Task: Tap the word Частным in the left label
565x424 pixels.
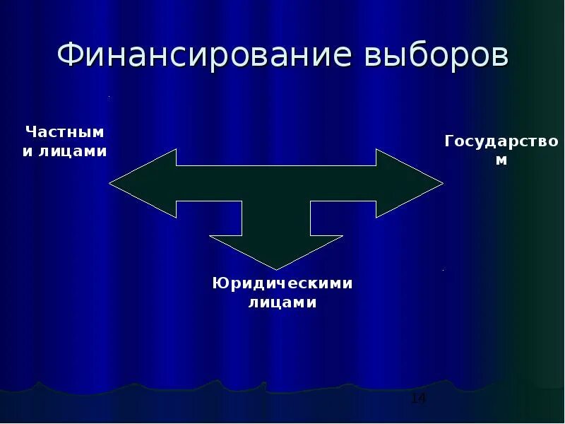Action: [x=65, y=132]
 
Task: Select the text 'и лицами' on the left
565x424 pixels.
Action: [x=65, y=152]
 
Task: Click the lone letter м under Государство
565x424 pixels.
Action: [x=501, y=160]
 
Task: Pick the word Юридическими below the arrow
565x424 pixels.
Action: [x=282, y=283]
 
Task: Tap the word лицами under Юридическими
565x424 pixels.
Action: [x=282, y=302]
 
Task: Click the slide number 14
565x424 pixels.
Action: [x=418, y=399]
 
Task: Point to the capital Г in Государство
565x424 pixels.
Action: [x=450, y=141]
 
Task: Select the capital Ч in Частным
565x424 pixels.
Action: [x=31, y=132]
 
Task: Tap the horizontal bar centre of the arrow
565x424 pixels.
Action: [x=276, y=184]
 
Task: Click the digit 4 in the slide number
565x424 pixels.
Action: [x=422, y=399]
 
